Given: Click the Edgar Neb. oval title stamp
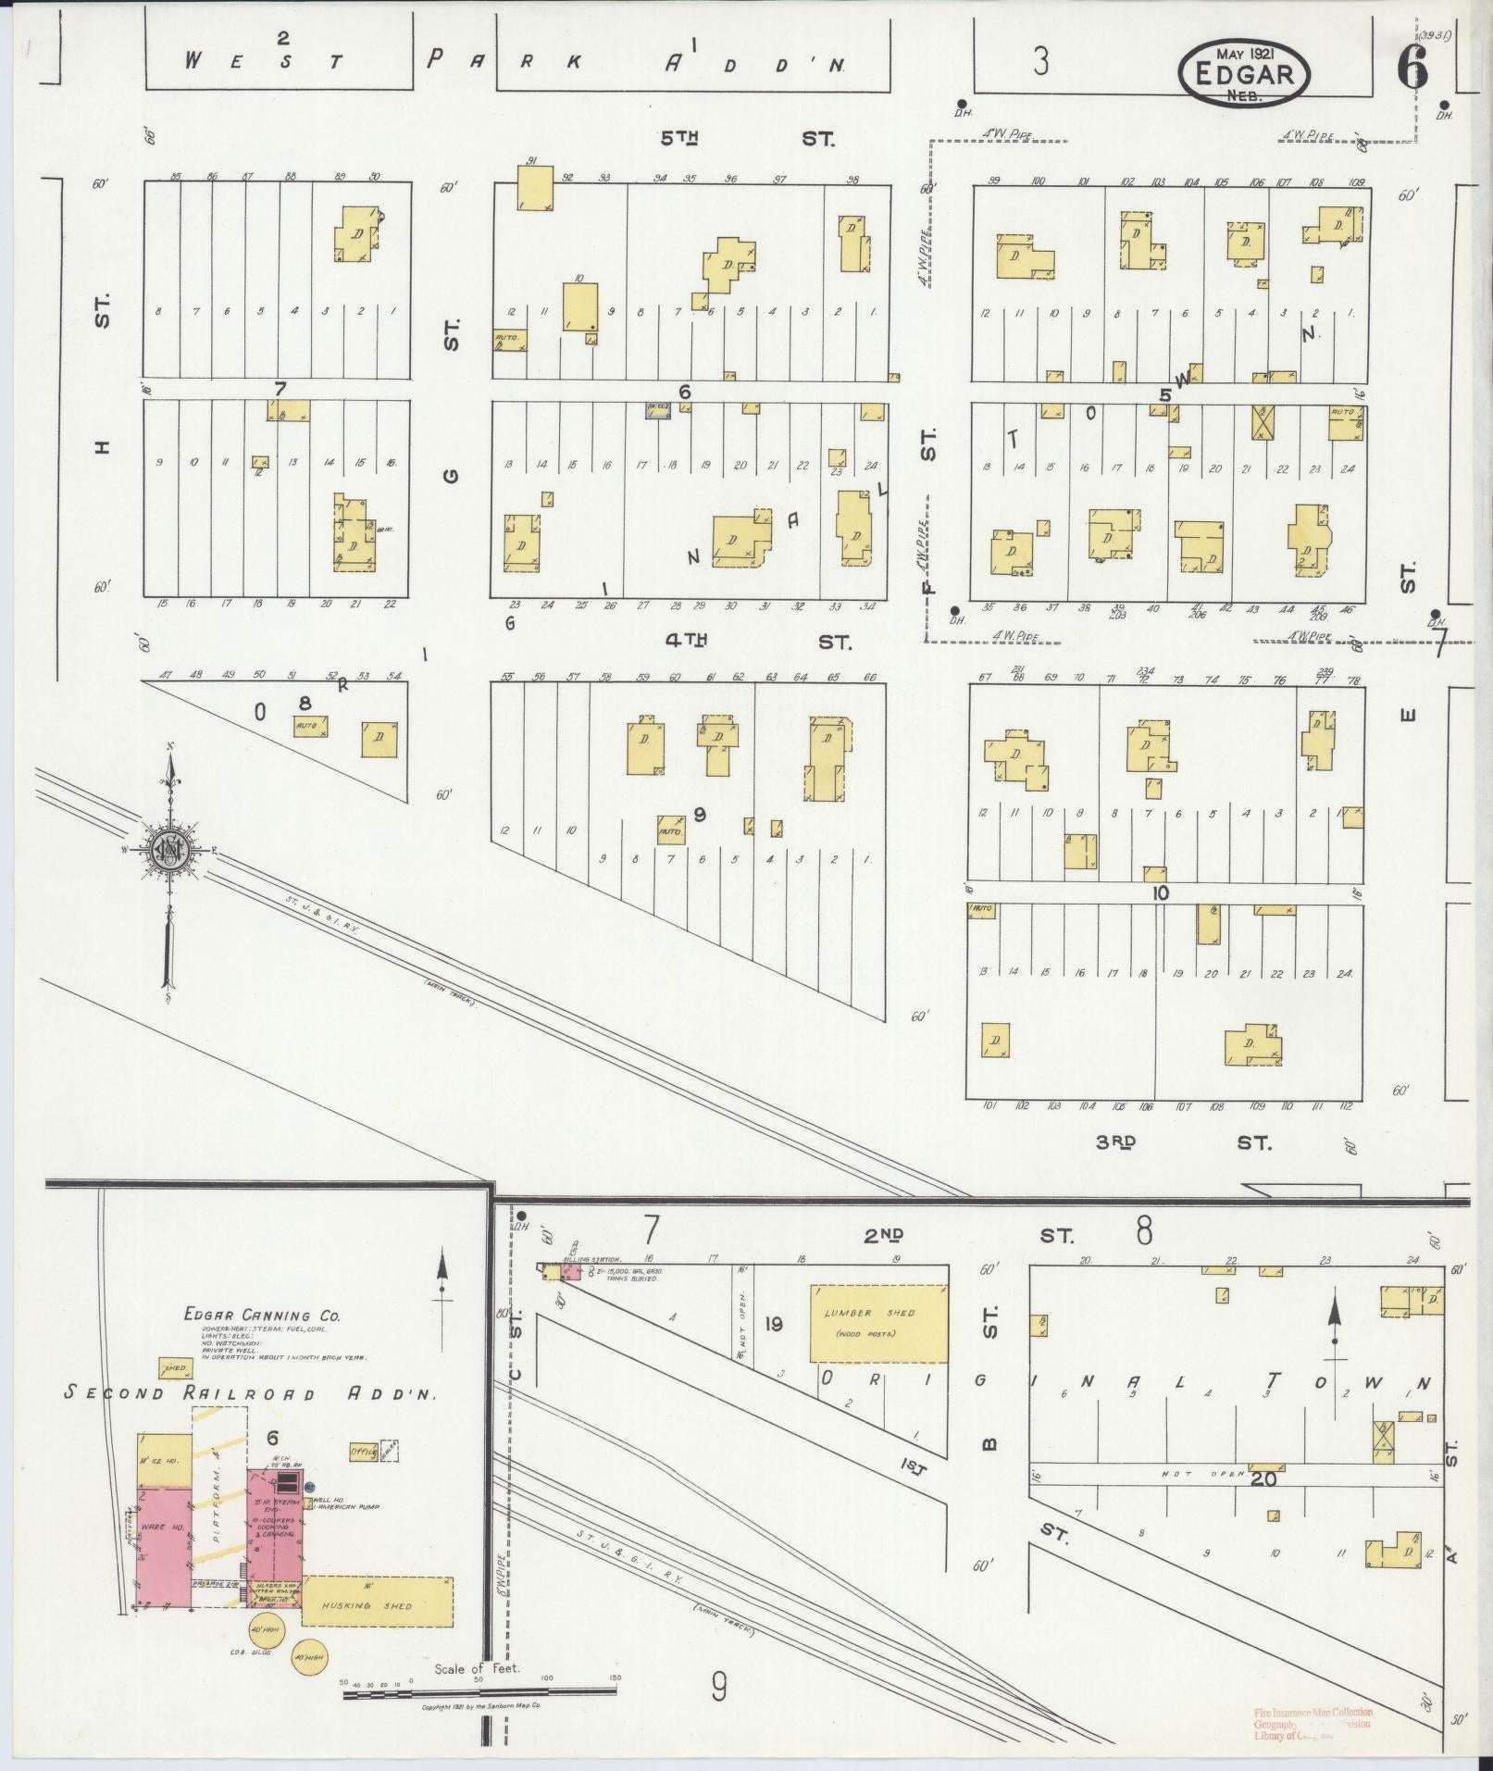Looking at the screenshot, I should click(x=1244, y=74).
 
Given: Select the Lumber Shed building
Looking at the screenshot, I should click(x=878, y=1323).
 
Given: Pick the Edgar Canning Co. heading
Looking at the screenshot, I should click(x=262, y=1315).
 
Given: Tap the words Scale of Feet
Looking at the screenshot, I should click(x=478, y=1669).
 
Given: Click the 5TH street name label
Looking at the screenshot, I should click(x=678, y=139).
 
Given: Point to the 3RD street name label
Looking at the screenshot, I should click(x=1115, y=1142).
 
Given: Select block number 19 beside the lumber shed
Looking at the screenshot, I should click(x=773, y=1325).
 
